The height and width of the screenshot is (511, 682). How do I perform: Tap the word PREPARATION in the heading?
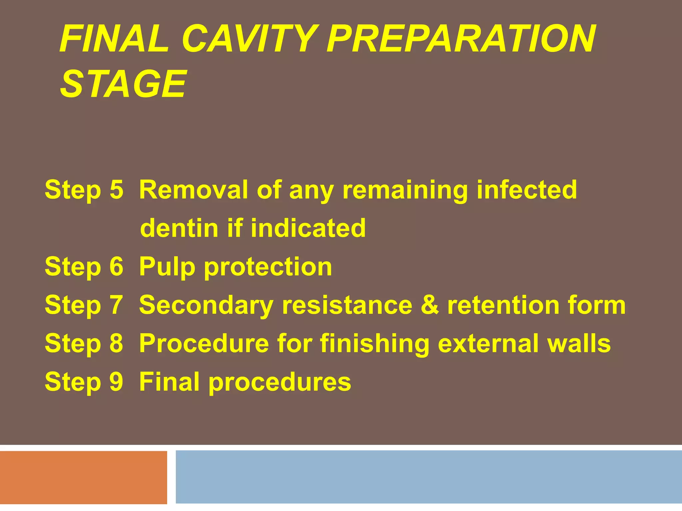click(461, 39)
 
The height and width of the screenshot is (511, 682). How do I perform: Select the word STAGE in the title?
click(123, 84)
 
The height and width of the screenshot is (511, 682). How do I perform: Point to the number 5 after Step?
click(116, 190)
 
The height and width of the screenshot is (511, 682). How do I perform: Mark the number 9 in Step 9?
click(116, 382)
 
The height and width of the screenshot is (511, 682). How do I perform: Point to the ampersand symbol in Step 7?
click(430, 305)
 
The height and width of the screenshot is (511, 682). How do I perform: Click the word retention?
click(503, 305)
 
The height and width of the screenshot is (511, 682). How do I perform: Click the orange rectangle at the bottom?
click(83, 477)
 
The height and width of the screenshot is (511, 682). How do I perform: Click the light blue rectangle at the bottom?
click(429, 476)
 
